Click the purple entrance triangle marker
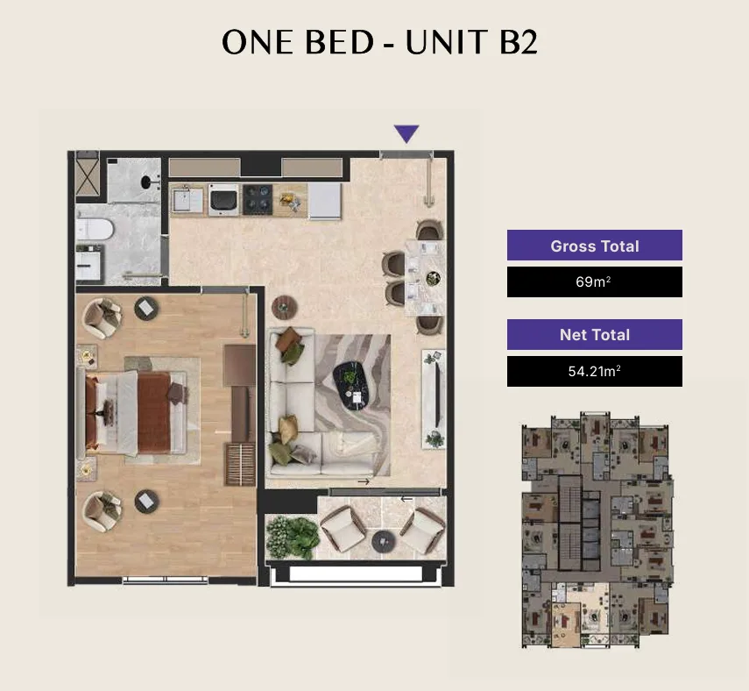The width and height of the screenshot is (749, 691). [406, 133]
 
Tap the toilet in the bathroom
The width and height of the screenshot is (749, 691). [95, 229]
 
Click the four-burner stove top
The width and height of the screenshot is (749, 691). [258, 200]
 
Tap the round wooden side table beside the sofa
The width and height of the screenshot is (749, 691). [284, 308]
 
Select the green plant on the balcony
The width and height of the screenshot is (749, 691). [292, 538]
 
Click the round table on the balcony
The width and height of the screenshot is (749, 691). [384, 542]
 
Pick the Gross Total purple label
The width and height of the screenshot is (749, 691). [595, 246]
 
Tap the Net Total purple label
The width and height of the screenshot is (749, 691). [595, 334]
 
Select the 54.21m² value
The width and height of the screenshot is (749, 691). [595, 371]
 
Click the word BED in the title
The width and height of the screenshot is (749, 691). [339, 42]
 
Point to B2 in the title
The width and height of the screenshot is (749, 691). [519, 42]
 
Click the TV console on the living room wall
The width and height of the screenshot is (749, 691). [434, 399]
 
